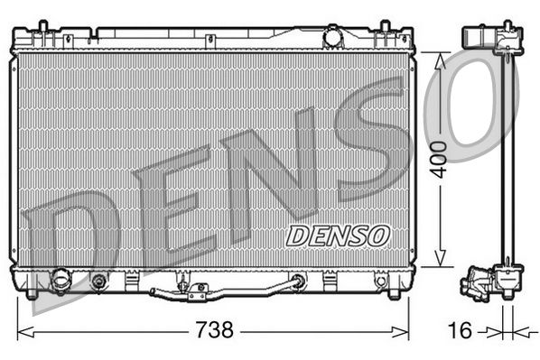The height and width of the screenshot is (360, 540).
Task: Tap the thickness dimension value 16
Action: click(460, 330)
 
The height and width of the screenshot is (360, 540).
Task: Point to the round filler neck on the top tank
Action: click(333, 37)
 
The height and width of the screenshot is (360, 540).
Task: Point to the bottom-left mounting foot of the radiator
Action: click(33, 292)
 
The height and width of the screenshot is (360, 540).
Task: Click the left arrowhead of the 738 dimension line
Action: click(22, 330)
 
